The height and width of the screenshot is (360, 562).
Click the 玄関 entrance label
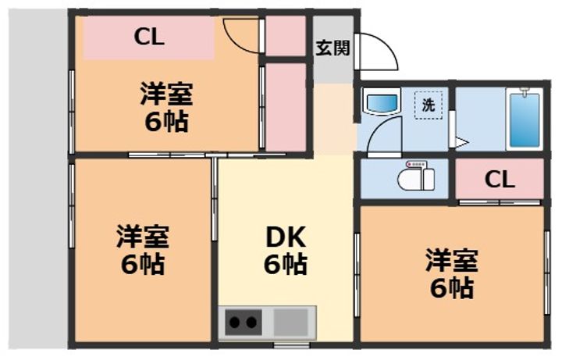click(333, 48)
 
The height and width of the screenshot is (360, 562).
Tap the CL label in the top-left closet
click(148, 37)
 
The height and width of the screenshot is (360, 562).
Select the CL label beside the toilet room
click(500, 180)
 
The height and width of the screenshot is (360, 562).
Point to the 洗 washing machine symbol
click(429, 105)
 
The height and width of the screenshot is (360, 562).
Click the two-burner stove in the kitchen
click(243, 321)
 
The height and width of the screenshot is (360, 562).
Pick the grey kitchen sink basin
click(291, 321)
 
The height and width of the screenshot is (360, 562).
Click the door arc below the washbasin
click(384, 139)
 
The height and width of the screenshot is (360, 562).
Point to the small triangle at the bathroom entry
click(461, 143)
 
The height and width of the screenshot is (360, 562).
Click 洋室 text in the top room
click(166, 95)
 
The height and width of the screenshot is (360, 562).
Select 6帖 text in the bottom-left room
click(143, 265)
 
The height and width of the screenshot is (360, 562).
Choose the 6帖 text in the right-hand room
click(451, 289)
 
